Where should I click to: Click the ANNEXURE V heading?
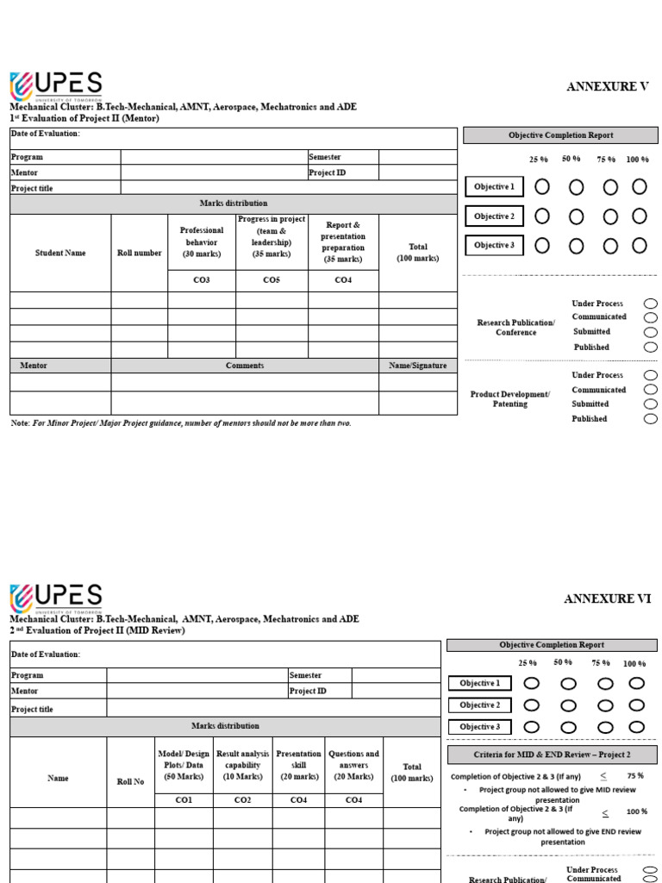[607, 86]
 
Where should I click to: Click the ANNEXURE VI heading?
[608, 598]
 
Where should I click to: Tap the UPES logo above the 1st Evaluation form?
[56, 86]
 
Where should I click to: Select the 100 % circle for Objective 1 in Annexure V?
[639, 186]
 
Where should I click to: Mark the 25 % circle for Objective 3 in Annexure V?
[541, 246]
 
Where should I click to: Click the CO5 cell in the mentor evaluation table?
[272, 280]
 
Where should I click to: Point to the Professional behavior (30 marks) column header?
[201, 242]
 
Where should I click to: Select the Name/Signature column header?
[417, 366]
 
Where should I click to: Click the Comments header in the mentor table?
[245, 366]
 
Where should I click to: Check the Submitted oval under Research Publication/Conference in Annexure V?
[650, 332]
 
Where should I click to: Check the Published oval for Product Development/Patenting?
[650, 419]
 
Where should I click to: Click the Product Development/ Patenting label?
[509, 398]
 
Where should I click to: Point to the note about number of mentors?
[181, 423]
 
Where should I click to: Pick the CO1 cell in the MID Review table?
[184, 800]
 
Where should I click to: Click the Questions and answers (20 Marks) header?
[353, 765]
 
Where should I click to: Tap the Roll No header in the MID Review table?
[130, 781]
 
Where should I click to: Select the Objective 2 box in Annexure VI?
[479, 705]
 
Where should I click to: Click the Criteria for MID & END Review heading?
[552, 755]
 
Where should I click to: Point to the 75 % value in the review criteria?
[635, 776]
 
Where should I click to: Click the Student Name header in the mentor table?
[60, 254]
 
